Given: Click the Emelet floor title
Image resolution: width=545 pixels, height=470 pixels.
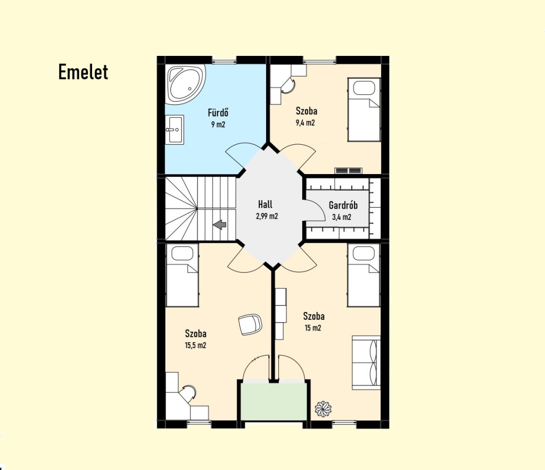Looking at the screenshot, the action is [83, 72].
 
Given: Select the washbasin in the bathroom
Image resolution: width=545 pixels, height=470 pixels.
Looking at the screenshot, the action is [174, 130].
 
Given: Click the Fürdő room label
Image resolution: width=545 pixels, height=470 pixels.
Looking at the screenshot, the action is [218, 113].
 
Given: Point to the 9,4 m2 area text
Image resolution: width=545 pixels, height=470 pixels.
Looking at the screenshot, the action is [305, 123].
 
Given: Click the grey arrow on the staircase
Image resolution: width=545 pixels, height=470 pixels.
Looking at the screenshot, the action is [220, 225].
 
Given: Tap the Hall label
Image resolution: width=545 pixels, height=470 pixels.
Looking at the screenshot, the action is [265, 204].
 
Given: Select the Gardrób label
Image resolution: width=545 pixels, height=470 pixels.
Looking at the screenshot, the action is [343, 205].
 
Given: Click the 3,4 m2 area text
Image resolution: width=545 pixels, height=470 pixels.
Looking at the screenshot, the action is [342, 217].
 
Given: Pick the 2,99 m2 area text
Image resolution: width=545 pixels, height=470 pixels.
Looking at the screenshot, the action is [267, 216].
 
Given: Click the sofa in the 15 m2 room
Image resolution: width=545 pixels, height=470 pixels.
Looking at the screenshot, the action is [366, 362].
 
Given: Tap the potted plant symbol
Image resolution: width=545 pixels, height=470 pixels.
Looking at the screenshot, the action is [323, 409].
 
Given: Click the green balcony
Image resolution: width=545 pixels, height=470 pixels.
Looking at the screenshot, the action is [274, 401].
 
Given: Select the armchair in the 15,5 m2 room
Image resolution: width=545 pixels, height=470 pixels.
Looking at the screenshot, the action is [250, 324].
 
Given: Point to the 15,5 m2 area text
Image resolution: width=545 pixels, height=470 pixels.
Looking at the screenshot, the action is [196, 345].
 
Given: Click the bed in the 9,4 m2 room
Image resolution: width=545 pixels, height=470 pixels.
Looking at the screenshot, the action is [364, 110].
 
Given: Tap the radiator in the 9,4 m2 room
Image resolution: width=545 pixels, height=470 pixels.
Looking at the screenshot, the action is [348, 171].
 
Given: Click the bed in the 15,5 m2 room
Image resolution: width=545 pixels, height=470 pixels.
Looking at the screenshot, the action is [183, 275].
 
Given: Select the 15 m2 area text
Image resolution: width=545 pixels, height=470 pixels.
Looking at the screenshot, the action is [313, 328].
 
